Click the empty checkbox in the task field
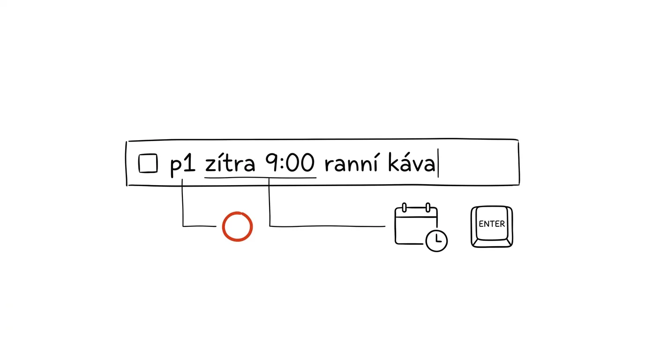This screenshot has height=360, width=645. point(148,163)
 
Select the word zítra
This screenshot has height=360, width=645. point(230,163)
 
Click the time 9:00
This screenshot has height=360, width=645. point(289,163)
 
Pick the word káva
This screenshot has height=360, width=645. point(412,163)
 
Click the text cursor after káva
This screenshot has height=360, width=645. point(438,163)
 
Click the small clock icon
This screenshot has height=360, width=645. point(436,240)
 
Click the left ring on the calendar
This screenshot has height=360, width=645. point(404,208)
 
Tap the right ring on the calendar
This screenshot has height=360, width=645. point(428,208)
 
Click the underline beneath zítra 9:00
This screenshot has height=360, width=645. point(260,178)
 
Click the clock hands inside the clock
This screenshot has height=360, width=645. point(438,239)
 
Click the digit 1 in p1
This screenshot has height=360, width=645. point(190,163)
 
